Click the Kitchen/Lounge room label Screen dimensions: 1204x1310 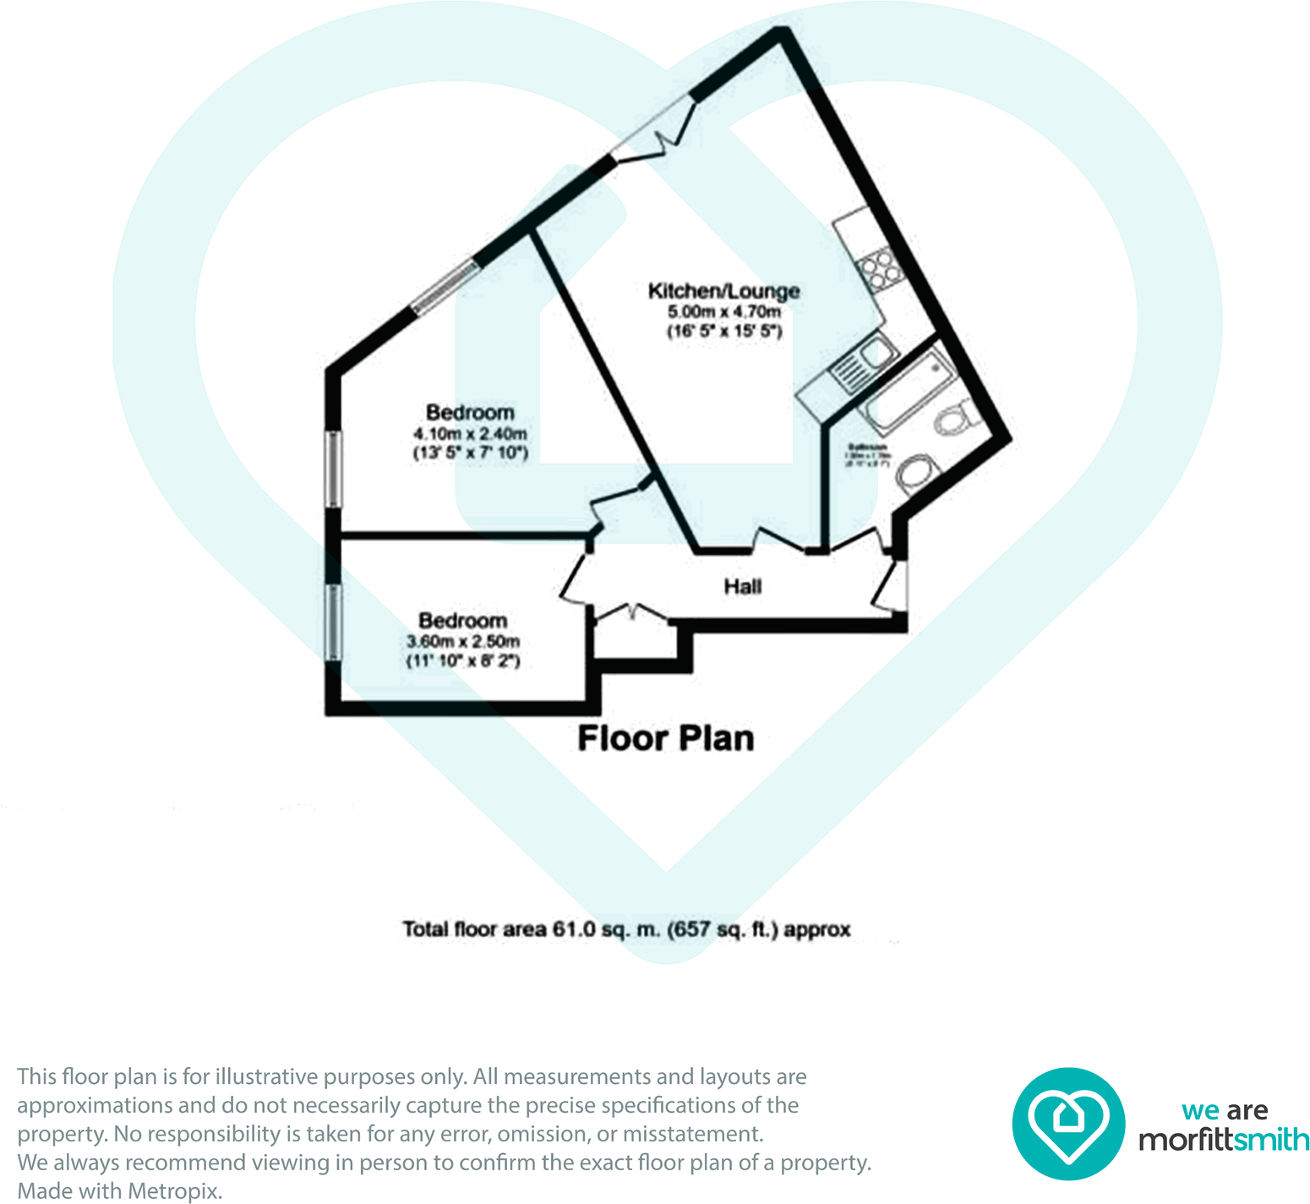click(x=723, y=291)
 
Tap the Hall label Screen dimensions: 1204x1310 click(x=742, y=587)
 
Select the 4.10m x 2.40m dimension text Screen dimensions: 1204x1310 click(x=470, y=434)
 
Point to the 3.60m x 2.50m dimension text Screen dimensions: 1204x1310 click(x=463, y=642)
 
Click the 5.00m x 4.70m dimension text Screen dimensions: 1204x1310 click(x=724, y=312)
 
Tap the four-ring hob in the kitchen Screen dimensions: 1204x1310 click(x=876, y=269)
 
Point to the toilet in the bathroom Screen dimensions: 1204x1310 click(x=956, y=419)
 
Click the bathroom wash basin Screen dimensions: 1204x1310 click(x=916, y=473)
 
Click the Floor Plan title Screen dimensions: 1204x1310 click(x=666, y=738)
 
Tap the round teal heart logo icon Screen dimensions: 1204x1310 click(x=1068, y=1124)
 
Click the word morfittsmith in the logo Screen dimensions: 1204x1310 click(x=1224, y=1141)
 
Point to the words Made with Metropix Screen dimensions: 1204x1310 click(x=120, y=1191)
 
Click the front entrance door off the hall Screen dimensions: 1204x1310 click(x=892, y=585)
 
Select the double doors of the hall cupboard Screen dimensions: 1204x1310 click(x=630, y=612)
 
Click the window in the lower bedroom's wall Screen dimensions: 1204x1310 click(x=335, y=621)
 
